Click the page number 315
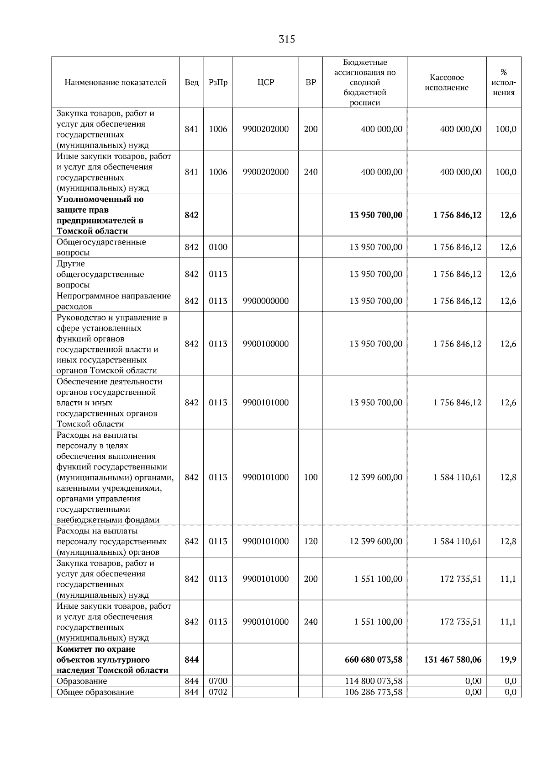click(x=287, y=39)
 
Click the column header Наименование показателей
click(x=115, y=83)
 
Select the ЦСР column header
click(x=265, y=83)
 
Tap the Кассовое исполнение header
click(x=447, y=83)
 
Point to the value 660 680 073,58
click(x=373, y=659)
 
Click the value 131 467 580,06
click(x=453, y=659)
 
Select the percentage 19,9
click(x=508, y=659)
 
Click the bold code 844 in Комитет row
click(x=191, y=659)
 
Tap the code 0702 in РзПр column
click(x=218, y=692)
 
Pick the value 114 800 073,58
click(x=373, y=681)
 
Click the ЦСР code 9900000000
click(x=265, y=301)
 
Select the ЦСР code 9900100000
click(x=265, y=344)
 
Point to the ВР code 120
click(x=311, y=541)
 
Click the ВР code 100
click(x=311, y=477)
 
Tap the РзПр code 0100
click(x=218, y=247)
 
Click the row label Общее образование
click(x=95, y=692)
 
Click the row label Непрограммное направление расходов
click(x=113, y=301)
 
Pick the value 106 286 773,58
click(x=373, y=692)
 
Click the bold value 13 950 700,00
click(x=375, y=215)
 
